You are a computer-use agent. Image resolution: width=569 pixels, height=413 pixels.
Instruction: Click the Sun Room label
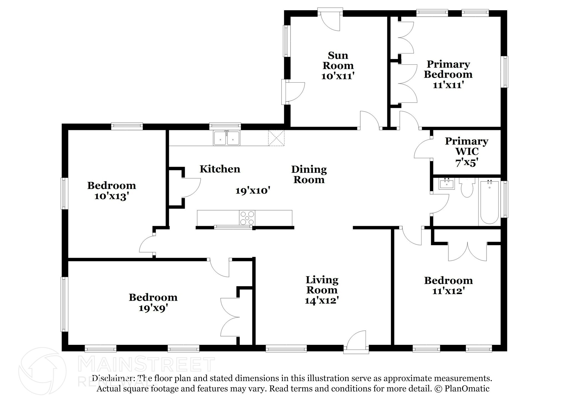(338, 60)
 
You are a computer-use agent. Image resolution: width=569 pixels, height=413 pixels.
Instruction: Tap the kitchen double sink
(226, 138)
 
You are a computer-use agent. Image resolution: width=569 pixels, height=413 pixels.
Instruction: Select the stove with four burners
(247, 218)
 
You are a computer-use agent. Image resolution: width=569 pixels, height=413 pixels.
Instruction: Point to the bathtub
(489, 202)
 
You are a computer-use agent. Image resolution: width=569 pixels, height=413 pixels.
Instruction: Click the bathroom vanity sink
(447, 184)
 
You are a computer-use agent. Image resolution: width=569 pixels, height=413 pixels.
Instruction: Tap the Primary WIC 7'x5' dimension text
(466, 163)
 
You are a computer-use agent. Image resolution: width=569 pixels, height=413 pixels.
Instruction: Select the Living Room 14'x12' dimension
(322, 300)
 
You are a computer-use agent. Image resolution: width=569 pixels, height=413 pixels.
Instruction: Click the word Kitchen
(220, 169)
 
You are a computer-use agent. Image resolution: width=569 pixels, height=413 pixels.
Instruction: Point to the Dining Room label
(309, 174)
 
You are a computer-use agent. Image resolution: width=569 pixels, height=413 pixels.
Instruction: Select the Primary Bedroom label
(448, 69)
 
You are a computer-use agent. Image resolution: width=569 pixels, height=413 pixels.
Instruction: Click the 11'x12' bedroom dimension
(448, 291)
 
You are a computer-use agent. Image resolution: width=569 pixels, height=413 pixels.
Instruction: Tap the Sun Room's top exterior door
(330, 19)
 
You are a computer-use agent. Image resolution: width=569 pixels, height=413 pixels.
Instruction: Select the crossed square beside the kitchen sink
(276, 138)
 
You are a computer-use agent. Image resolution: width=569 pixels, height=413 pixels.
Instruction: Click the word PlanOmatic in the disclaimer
(467, 389)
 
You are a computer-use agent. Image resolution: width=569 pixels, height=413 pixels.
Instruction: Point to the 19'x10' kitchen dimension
(253, 191)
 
